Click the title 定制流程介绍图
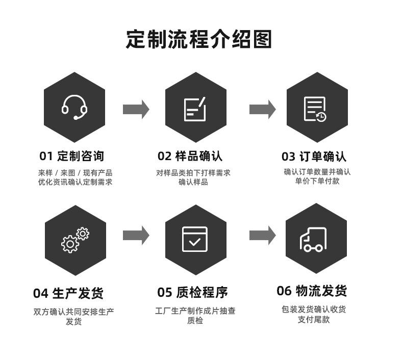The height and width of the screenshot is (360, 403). click(x=199, y=39)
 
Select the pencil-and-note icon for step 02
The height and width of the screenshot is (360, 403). click(x=195, y=109)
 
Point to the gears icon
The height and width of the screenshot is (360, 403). click(x=75, y=240)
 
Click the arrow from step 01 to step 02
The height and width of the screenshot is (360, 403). click(x=136, y=109)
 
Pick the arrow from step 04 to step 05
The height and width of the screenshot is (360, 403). click(x=136, y=235)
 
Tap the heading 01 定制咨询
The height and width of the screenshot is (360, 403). click(x=71, y=156)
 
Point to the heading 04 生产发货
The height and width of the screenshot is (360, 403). click(x=68, y=293)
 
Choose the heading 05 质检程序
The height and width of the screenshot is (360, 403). click(x=192, y=292)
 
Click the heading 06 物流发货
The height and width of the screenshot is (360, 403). click(x=312, y=291)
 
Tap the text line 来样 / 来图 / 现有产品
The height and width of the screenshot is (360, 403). click(x=75, y=172)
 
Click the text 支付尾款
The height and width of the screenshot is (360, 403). click(x=314, y=319)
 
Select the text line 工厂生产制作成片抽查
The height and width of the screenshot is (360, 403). click(x=195, y=311)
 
